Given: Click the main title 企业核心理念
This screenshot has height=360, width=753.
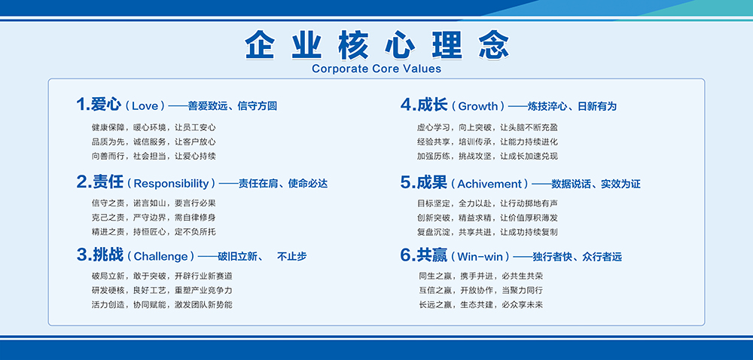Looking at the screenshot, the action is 376,45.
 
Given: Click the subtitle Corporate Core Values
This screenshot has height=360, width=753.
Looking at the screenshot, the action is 376,69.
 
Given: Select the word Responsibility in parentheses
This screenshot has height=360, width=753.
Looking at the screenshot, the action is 172,183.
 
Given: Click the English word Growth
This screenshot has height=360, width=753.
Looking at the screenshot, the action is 478,105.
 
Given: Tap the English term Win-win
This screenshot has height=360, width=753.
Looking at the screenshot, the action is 483,256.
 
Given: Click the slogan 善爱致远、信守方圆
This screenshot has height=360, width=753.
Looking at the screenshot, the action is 233,106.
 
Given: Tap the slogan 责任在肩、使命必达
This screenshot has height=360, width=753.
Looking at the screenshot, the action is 283,183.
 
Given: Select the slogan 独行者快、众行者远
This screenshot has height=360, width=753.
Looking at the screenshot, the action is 577,257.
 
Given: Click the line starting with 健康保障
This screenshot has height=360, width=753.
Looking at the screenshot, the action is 154,128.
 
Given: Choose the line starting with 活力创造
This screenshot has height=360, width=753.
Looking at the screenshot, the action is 162,304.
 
